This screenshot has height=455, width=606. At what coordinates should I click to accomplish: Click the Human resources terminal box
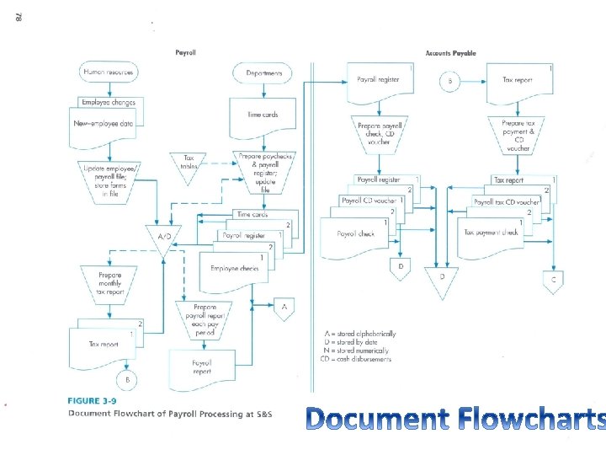tap(108, 72)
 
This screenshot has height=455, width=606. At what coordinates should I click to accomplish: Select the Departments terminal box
tap(264, 73)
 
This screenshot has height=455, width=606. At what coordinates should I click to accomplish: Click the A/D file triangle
tap(163, 237)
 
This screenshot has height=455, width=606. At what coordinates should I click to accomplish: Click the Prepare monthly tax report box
tap(109, 281)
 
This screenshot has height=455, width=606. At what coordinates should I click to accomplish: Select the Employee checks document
tap(237, 269)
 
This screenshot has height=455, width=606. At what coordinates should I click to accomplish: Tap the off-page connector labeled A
tap(284, 308)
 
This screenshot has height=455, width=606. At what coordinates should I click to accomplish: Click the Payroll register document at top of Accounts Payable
tap(381, 81)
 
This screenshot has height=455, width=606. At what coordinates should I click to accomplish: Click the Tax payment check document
tap(492, 233)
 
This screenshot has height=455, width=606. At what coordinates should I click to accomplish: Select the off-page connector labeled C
tap(553, 280)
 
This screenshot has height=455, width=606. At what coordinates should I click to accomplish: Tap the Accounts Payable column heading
tap(450, 53)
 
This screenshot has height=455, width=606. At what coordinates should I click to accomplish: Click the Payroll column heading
tap(185, 52)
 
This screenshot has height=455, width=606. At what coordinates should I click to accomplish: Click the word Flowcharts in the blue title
tap(533, 419)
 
